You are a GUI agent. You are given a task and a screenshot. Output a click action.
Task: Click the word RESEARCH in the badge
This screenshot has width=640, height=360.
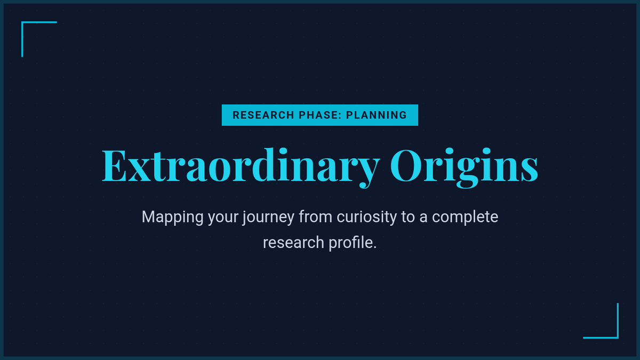263,115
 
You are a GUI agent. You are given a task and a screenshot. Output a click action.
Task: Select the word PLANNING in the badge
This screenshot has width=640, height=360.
377,115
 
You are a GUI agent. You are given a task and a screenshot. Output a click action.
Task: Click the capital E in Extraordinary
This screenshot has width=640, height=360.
114,165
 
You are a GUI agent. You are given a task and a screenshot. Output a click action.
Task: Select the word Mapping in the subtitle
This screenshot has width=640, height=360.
172,218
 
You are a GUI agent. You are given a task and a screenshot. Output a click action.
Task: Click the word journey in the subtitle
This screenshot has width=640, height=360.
268,218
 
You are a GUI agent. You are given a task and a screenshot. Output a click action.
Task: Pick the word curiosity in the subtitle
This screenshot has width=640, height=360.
366,218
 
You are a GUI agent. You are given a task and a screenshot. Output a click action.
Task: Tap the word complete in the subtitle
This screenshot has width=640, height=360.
465,218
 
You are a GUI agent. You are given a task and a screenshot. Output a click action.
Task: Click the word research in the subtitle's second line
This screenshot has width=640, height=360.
293,243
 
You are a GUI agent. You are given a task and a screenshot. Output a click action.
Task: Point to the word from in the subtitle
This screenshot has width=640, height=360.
315,217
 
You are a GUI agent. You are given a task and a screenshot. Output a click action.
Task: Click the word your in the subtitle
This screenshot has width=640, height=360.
223,219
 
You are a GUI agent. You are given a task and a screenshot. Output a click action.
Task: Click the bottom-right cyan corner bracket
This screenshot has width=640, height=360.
618,338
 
